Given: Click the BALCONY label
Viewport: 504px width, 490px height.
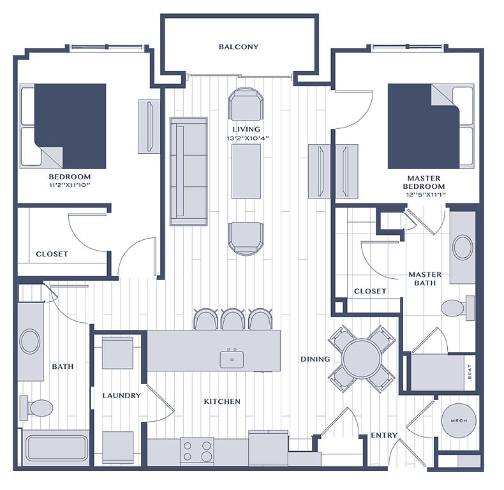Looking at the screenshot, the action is coord(239,47).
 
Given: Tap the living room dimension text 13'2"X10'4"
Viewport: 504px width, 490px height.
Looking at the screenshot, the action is coord(247,138).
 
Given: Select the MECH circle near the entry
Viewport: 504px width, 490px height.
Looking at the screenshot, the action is coord(459,420).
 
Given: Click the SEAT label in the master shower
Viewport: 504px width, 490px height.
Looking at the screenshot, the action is coord(470,372).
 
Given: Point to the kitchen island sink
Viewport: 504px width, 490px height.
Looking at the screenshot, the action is coord(232,359).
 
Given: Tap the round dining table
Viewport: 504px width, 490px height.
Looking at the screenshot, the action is coord(362,359).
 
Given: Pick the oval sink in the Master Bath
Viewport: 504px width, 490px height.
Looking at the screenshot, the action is coord(463,247).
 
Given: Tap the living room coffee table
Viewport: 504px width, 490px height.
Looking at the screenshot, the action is coord(246,172).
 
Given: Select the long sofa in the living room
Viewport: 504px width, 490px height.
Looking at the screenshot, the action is coord(189,171).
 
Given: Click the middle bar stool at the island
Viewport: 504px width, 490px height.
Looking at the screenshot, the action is coord(233,319).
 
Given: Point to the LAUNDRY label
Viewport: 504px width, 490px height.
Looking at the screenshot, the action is coord(121,396).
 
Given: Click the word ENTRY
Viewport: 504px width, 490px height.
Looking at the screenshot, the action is coord(384,435).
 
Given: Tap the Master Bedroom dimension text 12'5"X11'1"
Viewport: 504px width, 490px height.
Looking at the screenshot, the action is coord(426,195).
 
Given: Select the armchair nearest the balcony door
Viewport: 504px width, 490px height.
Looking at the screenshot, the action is coord(246,104).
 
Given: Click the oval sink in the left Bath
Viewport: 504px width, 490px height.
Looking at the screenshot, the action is coord(30,341).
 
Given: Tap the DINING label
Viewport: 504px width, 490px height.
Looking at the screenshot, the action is coord(315,359).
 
